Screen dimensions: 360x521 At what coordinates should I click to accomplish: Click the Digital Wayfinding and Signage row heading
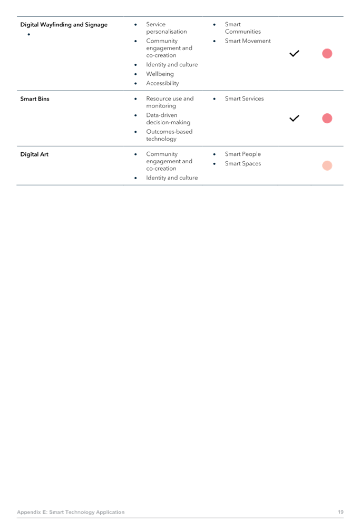click(64, 25)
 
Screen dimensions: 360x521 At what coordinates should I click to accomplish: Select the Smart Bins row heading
click(35, 99)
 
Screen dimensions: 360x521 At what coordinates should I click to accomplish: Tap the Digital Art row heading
click(34, 154)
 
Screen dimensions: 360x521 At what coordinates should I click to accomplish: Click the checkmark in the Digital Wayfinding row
click(294, 54)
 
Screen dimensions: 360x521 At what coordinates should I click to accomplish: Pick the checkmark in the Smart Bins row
click(294, 119)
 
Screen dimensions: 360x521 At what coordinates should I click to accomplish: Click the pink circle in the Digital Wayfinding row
click(327, 54)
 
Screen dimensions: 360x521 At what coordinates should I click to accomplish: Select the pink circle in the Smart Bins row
click(327, 119)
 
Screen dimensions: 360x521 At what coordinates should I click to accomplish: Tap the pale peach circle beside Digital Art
click(327, 165)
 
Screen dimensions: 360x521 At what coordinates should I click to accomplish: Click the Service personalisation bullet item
click(166, 28)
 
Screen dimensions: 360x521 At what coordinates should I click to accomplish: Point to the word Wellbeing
click(160, 74)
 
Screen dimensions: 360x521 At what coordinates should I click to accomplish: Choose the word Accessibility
click(162, 83)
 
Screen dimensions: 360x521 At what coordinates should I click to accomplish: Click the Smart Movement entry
click(248, 41)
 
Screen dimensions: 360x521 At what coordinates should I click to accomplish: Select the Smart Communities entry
click(242, 28)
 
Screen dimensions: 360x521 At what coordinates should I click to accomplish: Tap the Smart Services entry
click(245, 99)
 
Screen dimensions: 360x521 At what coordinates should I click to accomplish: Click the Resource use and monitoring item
click(170, 102)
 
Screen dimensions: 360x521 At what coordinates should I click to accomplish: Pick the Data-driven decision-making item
click(168, 119)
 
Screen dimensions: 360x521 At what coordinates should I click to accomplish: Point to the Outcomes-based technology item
click(169, 135)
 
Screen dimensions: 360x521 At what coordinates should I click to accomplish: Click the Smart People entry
click(243, 154)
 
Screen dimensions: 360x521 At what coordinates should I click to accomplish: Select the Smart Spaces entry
click(243, 163)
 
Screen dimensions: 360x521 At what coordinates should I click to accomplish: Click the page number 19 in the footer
click(340, 512)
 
